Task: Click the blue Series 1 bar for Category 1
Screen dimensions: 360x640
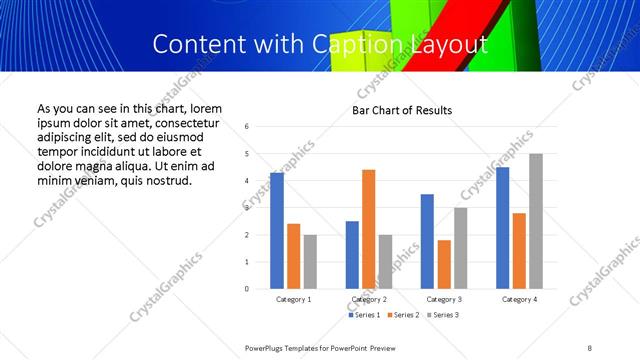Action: (x=277, y=231)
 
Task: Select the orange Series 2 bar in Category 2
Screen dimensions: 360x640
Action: (x=369, y=229)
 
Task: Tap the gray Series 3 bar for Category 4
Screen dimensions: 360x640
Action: (x=536, y=221)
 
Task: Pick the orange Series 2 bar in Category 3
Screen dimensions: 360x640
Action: (x=444, y=264)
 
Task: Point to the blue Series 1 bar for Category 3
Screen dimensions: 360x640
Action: (x=427, y=241)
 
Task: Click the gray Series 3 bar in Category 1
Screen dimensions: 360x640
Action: (x=310, y=262)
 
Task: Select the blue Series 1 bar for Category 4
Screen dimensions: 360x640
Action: (x=503, y=228)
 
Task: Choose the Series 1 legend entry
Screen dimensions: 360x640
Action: (x=364, y=315)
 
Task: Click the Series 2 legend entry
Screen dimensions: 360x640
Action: (x=400, y=315)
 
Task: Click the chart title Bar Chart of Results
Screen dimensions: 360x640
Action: (x=402, y=110)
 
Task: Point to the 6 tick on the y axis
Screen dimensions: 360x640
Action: (x=247, y=127)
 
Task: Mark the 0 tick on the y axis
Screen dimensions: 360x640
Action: (x=247, y=289)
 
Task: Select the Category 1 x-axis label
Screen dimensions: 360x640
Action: (x=293, y=299)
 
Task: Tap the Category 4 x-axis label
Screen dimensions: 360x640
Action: (x=519, y=299)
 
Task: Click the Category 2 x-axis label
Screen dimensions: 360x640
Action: (x=368, y=299)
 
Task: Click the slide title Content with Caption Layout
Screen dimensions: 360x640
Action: (x=320, y=44)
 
